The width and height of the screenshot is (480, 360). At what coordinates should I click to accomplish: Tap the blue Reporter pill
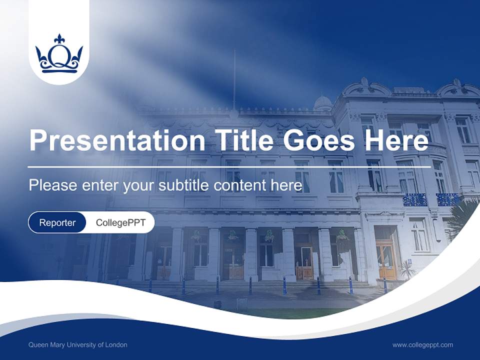[57, 222]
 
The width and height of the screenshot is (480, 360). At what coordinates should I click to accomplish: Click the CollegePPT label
[120, 222]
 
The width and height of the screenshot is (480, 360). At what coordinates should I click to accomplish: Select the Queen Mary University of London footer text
[78, 345]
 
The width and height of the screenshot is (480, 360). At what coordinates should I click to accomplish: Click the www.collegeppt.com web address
[422, 345]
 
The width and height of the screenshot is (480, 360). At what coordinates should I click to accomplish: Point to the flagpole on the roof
[234, 80]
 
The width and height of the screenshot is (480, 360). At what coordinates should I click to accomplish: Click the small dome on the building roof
[322, 102]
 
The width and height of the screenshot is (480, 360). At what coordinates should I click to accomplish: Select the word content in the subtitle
[236, 185]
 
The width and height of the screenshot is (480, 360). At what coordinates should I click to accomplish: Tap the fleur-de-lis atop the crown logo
[59, 38]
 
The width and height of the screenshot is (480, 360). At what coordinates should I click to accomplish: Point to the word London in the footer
[116, 345]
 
